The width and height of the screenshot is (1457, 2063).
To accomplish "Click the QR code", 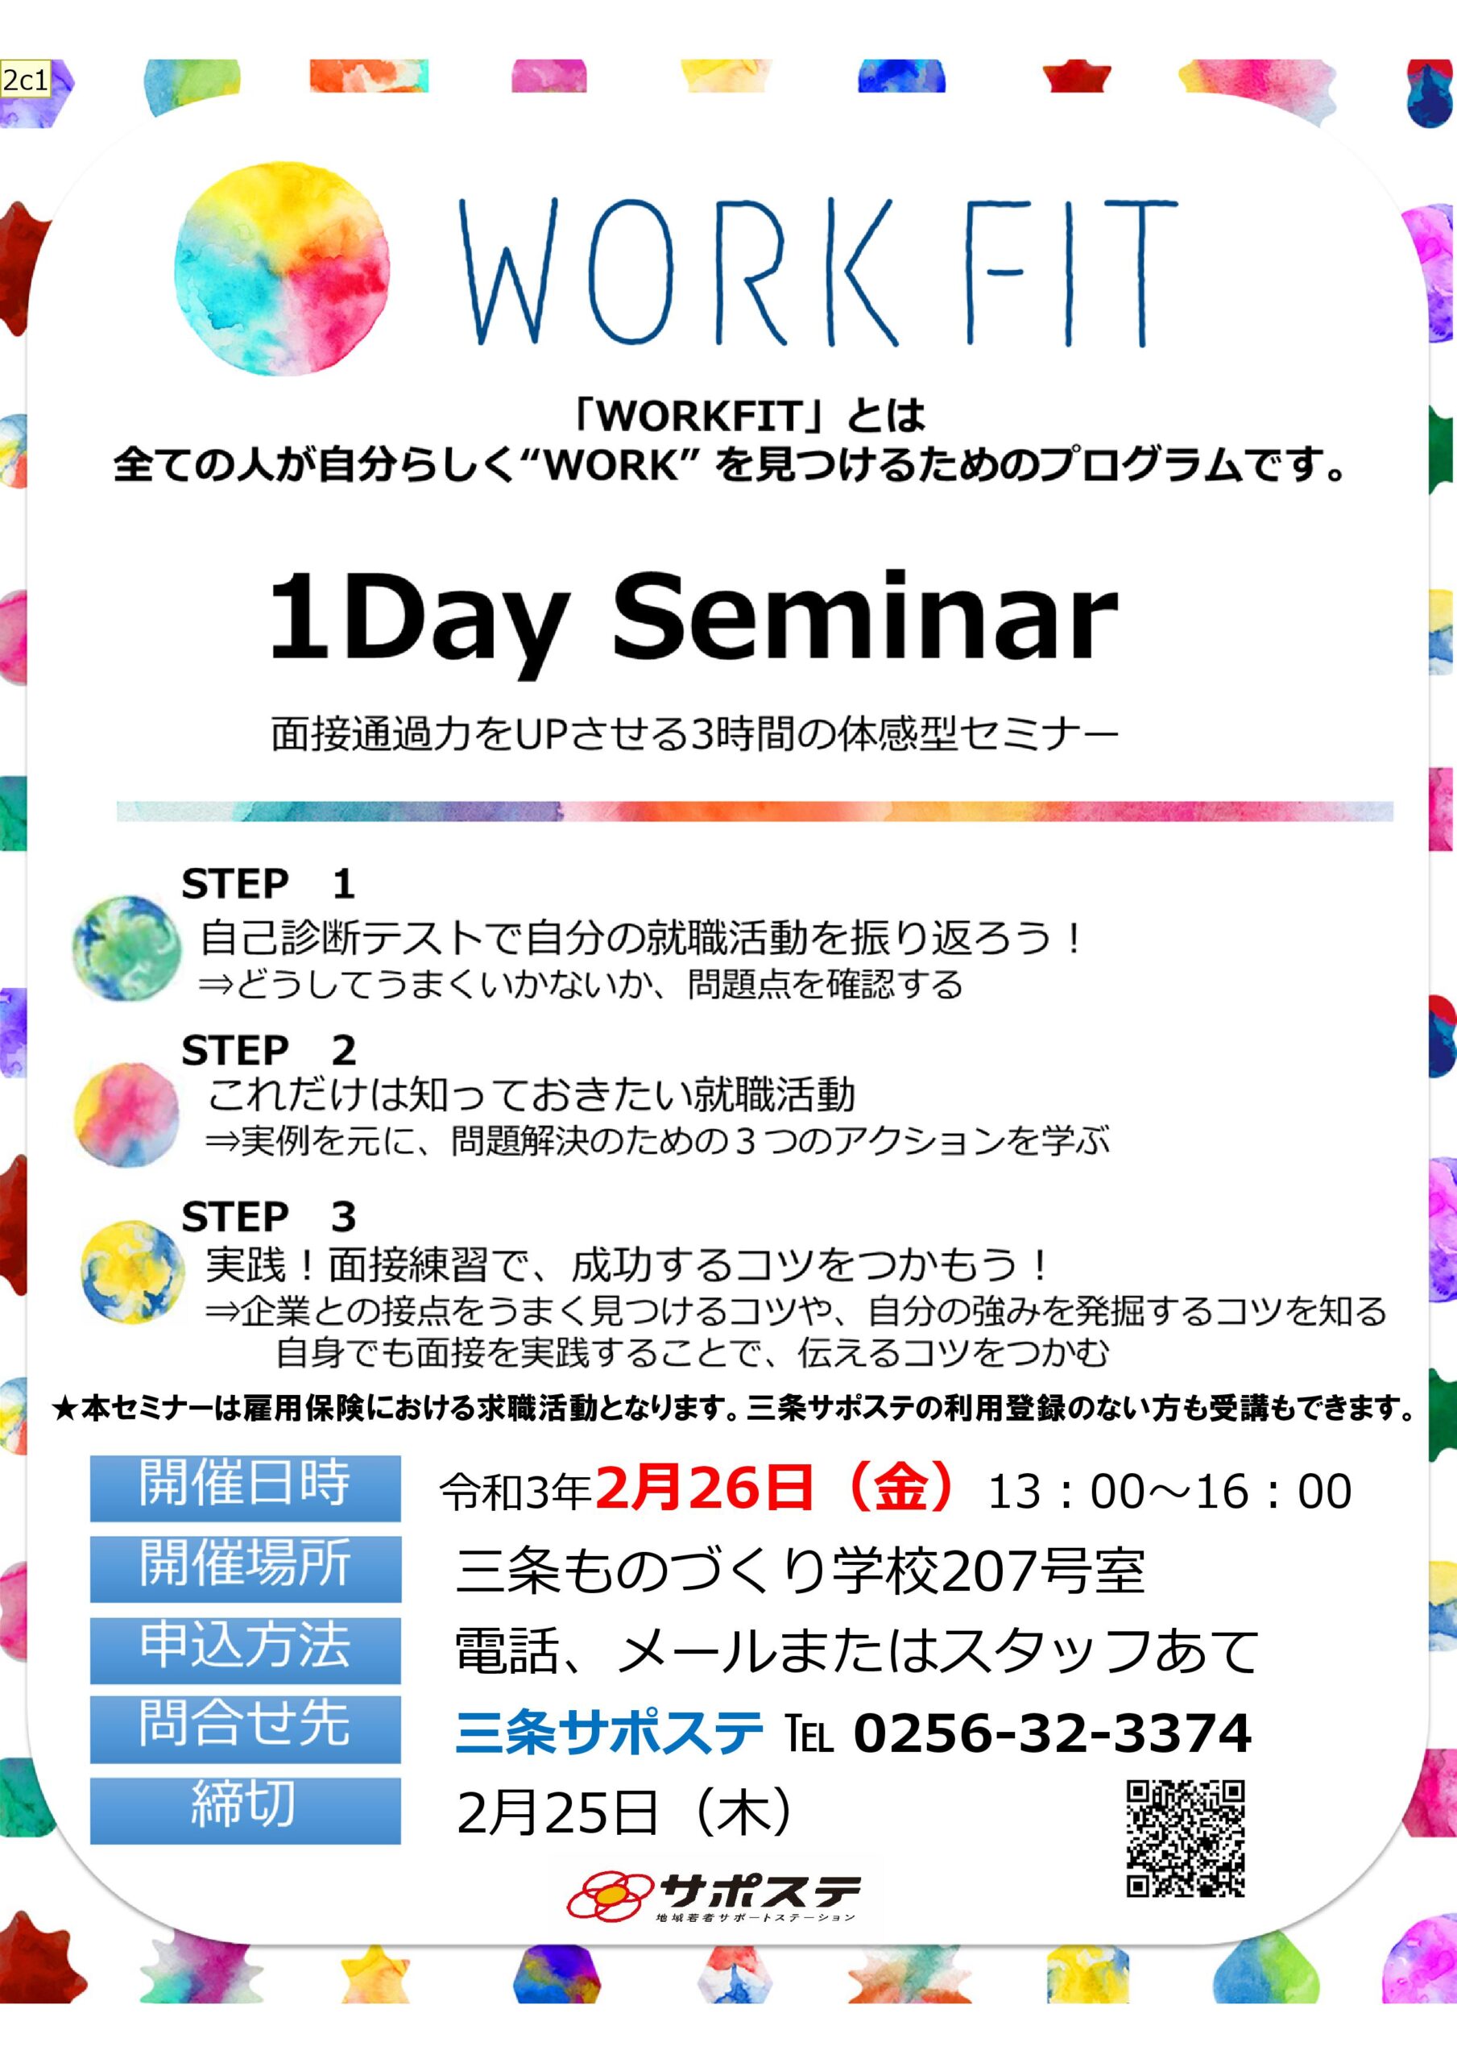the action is [1186, 1837].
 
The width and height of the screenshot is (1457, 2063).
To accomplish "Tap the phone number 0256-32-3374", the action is [1052, 1733].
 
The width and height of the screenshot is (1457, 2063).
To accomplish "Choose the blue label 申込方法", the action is [245, 1650].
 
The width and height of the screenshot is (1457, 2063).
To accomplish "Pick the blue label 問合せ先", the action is [245, 1729].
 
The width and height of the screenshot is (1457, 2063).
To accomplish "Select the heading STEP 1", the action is [268, 884].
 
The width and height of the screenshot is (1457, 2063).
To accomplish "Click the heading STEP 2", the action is [268, 1050].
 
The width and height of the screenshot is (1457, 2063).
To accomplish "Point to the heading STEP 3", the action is [268, 1218].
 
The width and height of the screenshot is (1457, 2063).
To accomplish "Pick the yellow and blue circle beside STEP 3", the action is [132, 1272].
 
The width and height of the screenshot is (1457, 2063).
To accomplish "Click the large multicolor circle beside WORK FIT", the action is [282, 268].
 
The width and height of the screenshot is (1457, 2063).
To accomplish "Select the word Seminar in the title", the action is [865, 618].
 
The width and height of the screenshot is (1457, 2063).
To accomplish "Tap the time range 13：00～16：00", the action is [1169, 1492].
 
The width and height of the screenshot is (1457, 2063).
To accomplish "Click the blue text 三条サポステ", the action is [609, 1733].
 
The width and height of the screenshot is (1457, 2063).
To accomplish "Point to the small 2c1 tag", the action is [24, 80].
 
